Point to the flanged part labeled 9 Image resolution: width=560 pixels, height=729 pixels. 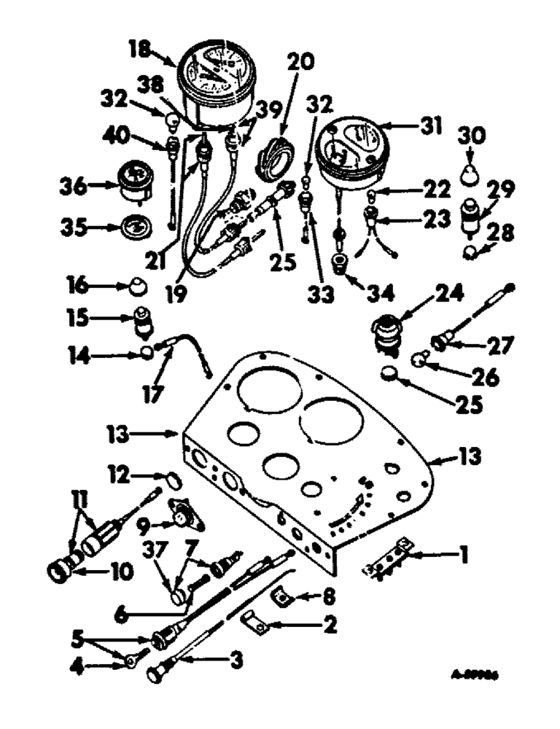178,517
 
